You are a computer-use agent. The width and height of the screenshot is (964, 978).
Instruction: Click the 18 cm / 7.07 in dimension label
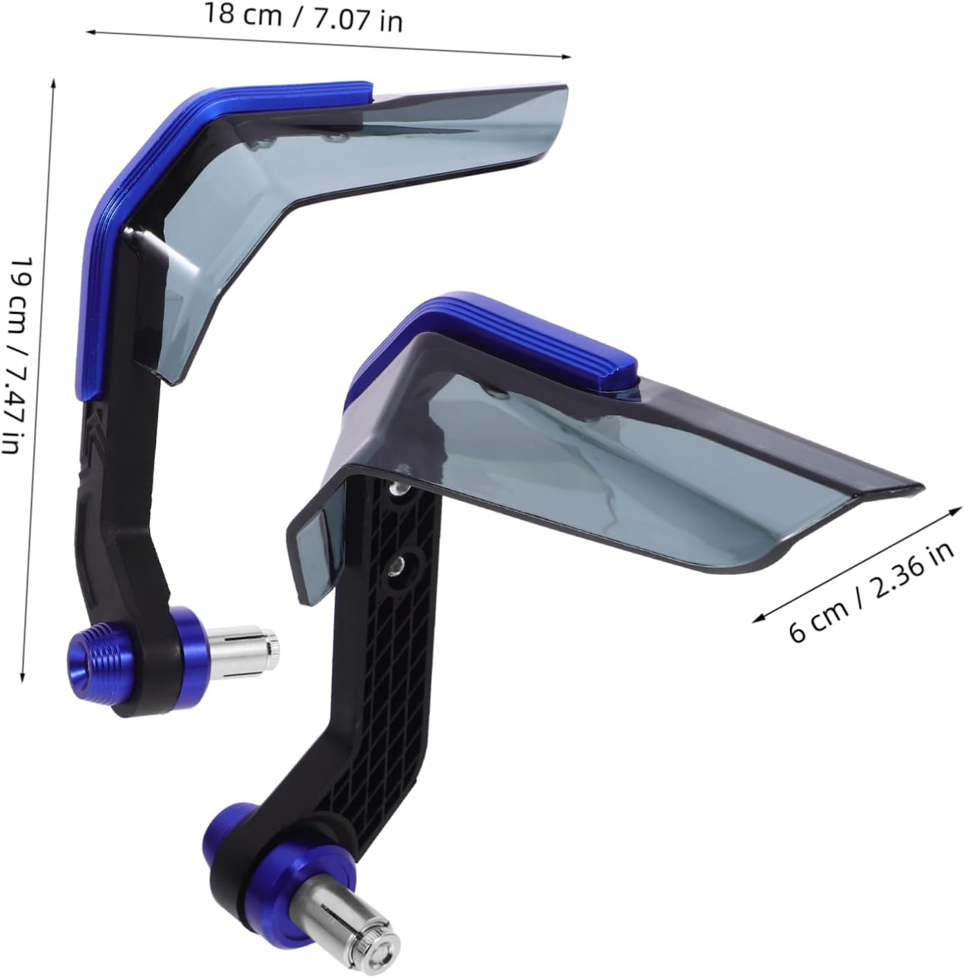[302, 17]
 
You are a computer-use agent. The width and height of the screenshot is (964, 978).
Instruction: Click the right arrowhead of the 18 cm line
[568, 57]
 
